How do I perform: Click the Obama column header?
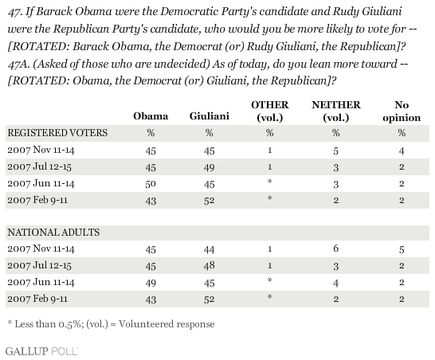coord(151,116)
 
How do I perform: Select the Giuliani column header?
coord(210,116)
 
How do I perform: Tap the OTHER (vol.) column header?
coord(269,112)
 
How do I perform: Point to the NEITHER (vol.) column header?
coord(335,112)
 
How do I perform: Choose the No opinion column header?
coord(402,112)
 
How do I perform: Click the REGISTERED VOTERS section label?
coord(57,133)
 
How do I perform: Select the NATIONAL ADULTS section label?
coord(53,233)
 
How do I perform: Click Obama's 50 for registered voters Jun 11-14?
coord(151,184)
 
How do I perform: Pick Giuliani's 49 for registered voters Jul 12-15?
coord(210,167)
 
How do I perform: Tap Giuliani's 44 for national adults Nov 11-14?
coord(210,249)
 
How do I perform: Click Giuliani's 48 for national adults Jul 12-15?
coord(210,266)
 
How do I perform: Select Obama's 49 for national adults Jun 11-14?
coord(151,283)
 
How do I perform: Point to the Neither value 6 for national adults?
coord(335,248)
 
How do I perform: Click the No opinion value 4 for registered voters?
coord(402,151)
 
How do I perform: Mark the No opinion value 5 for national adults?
coord(402,249)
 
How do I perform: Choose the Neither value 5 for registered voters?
coord(335,151)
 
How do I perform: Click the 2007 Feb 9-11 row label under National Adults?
coord(37,299)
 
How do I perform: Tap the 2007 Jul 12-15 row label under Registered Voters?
coord(39,166)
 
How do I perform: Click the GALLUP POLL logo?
coord(41,351)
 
